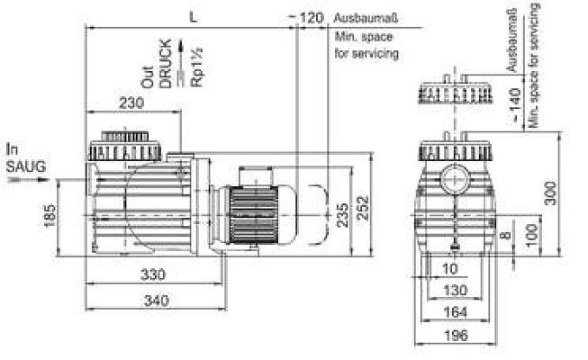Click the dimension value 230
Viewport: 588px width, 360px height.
(x=131, y=103)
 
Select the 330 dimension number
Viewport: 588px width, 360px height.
(x=152, y=274)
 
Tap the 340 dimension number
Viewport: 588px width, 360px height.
(x=157, y=301)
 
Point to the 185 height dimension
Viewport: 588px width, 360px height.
(x=50, y=216)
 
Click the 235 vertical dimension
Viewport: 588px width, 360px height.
(x=342, y=215)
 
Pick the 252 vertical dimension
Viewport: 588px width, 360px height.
(x=363, y=207)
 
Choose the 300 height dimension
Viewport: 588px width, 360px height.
(x=550, y=193)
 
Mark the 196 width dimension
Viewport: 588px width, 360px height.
(x=456, y=335)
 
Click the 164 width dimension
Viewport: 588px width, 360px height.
(x=456, y=312)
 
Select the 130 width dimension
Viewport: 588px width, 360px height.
(x=456, y=290)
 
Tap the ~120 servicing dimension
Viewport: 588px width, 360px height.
(x=305, y=17)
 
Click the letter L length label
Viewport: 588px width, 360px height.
(x=193, y=17)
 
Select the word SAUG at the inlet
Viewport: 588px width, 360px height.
(x=26, y=166)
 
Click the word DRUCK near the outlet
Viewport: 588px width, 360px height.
(x=166, y=63)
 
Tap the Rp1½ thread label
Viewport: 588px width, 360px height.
(x=197, y=67)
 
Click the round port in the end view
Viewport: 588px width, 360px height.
(x=455, y=179)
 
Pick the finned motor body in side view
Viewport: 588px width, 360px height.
(x=254, y=215)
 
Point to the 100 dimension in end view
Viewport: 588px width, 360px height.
(x=532, y=236)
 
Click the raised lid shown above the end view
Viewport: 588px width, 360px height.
(x=455, y=90)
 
